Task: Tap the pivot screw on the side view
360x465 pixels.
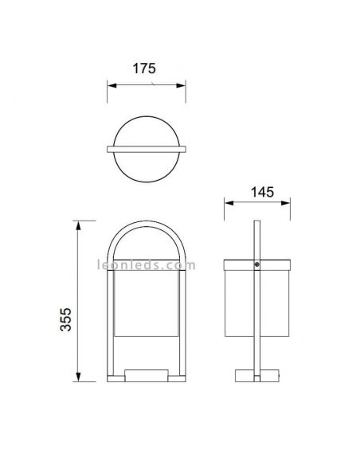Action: pos(256,264)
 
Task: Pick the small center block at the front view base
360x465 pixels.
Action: pos(147,373)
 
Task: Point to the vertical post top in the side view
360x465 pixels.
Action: pos(256,227)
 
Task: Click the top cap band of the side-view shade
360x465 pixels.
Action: pos(239,264)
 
